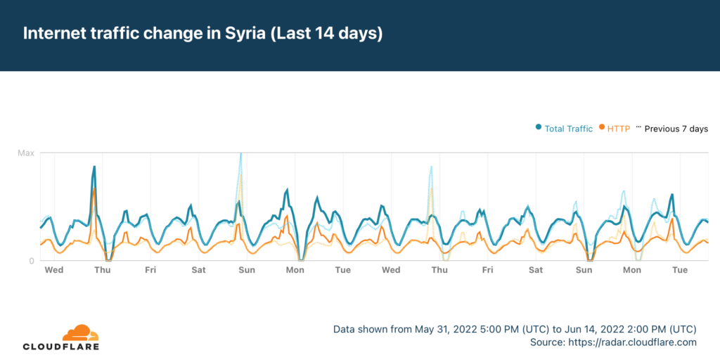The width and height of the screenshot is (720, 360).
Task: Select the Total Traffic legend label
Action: tap(569, 129)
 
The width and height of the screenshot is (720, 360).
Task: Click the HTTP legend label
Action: tap(618, 129)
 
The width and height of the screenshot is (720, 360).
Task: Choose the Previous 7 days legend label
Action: tap(676, 129)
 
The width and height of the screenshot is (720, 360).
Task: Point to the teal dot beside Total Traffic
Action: tap(539, 128)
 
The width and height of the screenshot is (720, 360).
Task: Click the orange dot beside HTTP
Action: tap(602, 128)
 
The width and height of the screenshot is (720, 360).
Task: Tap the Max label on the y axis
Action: tap(26, 153)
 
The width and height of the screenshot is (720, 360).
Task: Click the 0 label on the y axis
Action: tap(31, 261)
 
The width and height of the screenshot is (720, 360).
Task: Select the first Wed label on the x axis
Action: tap(54, 270)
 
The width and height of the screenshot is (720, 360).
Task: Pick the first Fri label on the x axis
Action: tap(150, 270)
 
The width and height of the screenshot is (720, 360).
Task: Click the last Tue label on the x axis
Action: tap(680, 270)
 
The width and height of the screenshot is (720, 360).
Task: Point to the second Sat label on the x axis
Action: tap(536, 270)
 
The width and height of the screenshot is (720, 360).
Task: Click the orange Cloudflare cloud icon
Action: tap(80, 333)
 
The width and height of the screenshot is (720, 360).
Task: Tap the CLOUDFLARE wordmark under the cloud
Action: tap(61, 347)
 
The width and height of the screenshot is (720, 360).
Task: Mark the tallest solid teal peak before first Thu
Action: tap(94, 167)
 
